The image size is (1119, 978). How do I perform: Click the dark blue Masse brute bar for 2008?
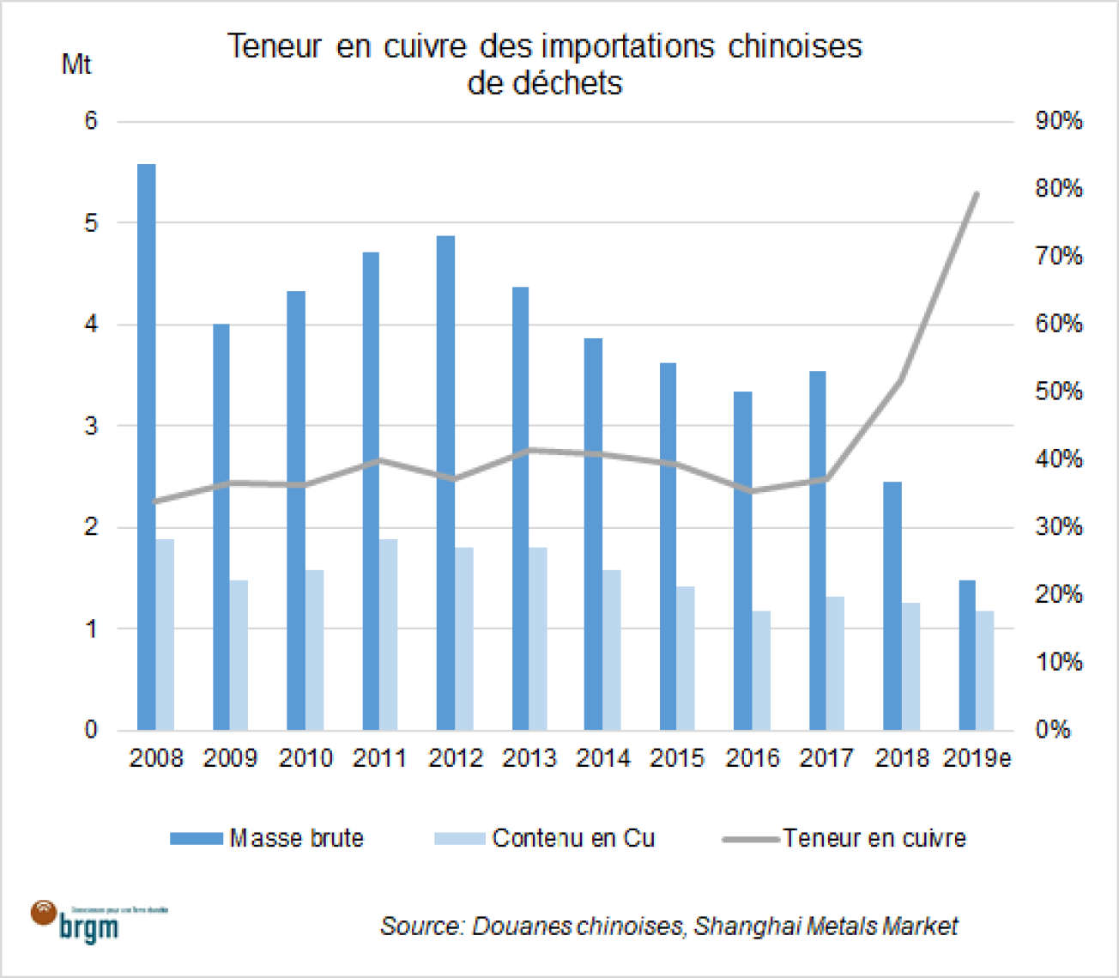click(x=147, y=446)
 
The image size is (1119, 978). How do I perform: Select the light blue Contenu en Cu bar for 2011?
click(x=389, y=635)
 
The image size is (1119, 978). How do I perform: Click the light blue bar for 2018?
click(x=910, y=666)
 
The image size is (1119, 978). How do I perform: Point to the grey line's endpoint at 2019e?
click(x=977, y=194)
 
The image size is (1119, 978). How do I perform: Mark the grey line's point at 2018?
click(x=901, y=380)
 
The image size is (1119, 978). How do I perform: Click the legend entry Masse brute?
click(x=267, y=838)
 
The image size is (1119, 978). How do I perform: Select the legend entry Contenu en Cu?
click(x=544, y=838)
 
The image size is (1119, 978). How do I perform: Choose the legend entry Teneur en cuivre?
click(x=844, y=838)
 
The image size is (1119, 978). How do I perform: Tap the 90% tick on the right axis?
click(x=1058, y=121)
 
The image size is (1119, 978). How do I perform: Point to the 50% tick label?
click(x=1058, y=392)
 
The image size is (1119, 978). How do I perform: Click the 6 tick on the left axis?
click(x=91, y=121)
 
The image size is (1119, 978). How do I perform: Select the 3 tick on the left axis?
click(x=91, y=426)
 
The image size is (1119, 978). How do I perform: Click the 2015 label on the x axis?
click(x=677, y=758)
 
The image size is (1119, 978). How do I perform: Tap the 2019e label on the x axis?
click(x=977, y=758)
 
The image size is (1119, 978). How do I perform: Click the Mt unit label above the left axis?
click(x=76, y=65)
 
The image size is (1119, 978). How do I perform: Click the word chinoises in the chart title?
click(x=795, y=46)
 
